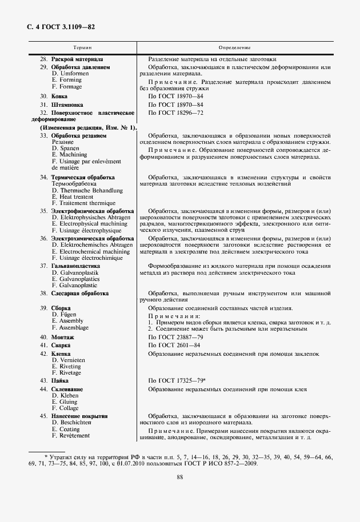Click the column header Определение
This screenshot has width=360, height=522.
point(234,47)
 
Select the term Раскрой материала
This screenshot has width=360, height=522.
point(77,59)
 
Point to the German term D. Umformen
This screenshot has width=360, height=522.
point(70,74)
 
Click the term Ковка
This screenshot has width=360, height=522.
point(59,97)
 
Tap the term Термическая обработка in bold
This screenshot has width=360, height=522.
point(83,178)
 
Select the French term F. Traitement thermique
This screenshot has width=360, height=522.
point(83,203)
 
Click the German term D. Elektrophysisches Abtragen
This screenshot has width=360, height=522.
point(91,217)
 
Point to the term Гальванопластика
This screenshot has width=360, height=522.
point(75,266)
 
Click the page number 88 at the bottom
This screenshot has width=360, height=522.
point(179,477)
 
